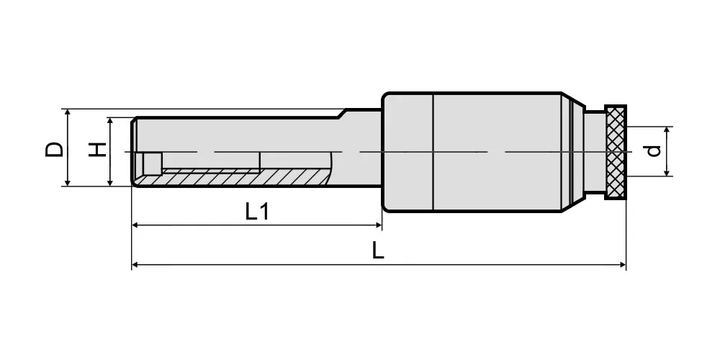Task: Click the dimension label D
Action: (54, 150)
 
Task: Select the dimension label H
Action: (97, 150)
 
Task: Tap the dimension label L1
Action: (257, 212)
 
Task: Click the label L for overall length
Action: (377, 251)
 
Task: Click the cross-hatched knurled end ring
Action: (616, 152)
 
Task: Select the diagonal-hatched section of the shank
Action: (234, 178)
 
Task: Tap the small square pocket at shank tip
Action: (152, 163)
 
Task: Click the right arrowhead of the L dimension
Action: (623, 265)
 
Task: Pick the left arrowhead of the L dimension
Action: (135, 265)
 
